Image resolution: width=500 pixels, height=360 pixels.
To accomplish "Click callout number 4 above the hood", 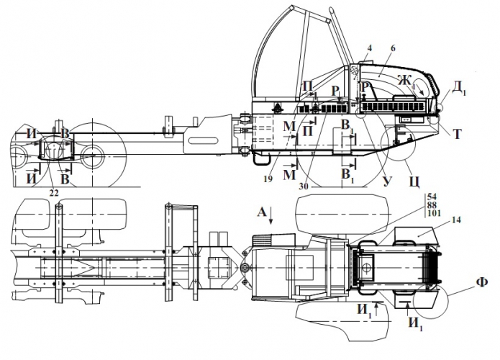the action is click(369, 48).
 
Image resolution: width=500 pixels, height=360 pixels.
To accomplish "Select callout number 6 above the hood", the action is click(393, 48).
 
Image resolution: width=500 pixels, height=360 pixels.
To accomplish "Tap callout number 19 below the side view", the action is click(268, 179).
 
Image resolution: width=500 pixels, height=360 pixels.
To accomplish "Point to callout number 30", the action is click(304, 186).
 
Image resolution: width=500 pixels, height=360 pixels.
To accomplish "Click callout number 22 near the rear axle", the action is click(54, 192).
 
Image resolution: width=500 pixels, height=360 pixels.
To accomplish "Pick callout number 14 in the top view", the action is click(457, 220).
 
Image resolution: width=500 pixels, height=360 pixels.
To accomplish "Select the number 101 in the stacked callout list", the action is click(435, 213).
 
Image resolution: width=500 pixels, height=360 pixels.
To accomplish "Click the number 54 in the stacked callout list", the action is click(432, 197).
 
